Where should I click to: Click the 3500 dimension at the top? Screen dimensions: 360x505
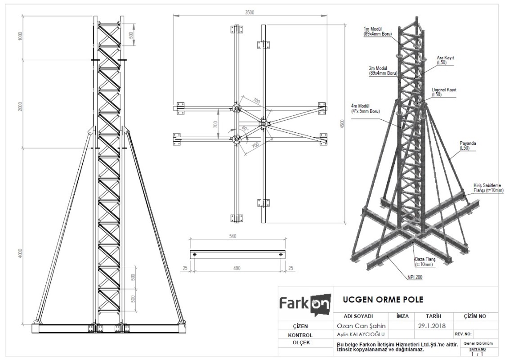click(x=249, y=13)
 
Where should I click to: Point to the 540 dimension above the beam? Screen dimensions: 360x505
click(x=233, y=236)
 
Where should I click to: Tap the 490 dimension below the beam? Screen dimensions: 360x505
click(x=237, y=268)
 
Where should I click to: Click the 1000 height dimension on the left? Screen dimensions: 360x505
click(x=20, y=36)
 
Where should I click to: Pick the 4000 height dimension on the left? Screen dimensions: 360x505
click(x=20, y=254)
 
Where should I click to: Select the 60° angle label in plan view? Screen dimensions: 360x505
click(x=245, y=129)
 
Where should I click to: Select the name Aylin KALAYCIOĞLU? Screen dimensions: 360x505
click(x=360, y=335)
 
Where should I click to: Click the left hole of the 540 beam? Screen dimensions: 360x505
click(x=194, y=255)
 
